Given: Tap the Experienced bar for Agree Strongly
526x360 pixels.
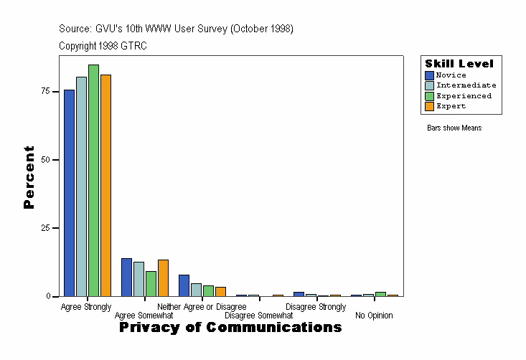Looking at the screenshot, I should pos(94,180).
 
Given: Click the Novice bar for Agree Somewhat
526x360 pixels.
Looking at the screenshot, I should pos(126,277).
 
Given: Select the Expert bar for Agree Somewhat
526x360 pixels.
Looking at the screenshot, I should pos(163,278).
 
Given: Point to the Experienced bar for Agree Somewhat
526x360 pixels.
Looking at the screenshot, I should pos(151,283).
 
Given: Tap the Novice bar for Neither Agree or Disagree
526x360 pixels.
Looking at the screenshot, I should pos(184,285).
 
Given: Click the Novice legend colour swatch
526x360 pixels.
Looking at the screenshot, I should pos(429,75).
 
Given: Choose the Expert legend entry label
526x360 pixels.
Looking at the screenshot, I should pos(451,106).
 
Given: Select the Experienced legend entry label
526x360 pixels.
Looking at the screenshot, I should pos(464,96).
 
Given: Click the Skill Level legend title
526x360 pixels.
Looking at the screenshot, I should pos(459,64).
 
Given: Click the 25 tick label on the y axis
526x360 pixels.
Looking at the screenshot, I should pos(45,228).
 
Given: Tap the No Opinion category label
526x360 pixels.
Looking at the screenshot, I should pos(374,316).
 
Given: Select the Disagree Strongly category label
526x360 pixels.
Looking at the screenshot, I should pos(316,307).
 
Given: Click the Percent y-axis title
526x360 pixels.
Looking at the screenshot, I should pos(29,177).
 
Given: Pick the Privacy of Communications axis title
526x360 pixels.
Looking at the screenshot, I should pos(230,328).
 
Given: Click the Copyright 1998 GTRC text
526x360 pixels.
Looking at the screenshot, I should pos(103,46).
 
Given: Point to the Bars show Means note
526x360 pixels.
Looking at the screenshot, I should pos(454,128).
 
